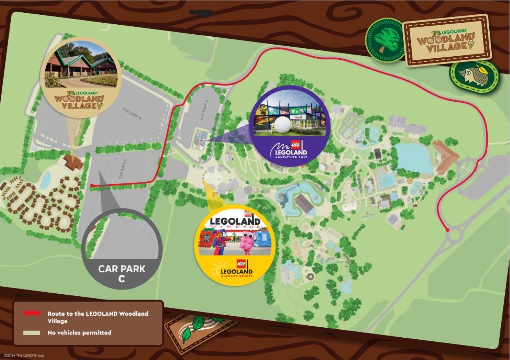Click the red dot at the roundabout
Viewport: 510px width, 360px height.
(x=447, y=230)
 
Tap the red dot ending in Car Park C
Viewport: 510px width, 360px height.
(x=92, y=185)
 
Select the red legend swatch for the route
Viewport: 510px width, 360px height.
(x=31, y=313)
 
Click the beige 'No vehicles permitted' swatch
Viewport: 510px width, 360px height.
(x=31, y=332)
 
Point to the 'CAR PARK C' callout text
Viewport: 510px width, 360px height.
(x=122, y=273)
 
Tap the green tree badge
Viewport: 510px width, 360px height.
(x=385, y=40)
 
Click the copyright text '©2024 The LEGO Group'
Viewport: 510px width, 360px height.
(x=24, y=355)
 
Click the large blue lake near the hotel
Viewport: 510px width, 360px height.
(x=414, y=157)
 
